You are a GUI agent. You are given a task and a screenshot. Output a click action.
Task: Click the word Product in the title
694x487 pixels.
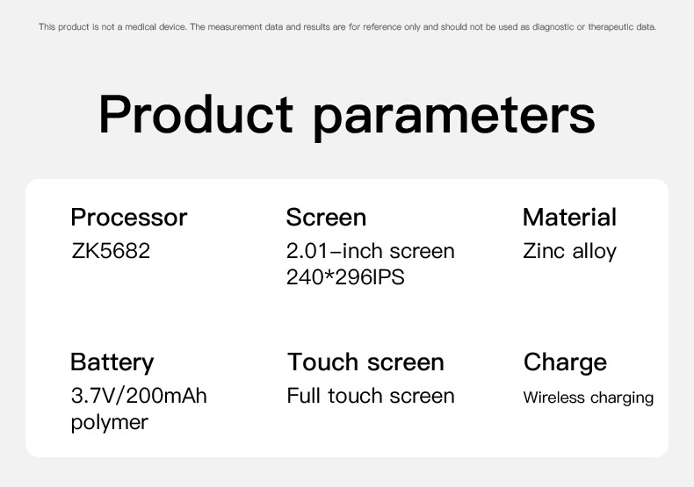196,114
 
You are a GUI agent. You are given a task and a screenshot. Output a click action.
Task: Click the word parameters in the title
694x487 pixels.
454,118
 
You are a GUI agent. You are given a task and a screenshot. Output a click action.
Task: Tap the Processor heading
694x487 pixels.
129,218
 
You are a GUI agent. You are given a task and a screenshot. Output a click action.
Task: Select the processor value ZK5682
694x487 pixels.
111,251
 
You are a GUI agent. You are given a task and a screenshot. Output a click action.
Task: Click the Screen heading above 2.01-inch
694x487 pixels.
326,218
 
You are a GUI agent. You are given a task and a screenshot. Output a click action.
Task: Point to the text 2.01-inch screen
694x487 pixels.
371,251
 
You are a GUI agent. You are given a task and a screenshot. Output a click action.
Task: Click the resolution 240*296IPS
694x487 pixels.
345,277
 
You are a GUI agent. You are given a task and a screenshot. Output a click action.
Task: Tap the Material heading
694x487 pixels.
569,218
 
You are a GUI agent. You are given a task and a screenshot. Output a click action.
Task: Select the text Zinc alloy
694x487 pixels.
569,252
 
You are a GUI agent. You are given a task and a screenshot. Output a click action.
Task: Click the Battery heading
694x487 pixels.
112,362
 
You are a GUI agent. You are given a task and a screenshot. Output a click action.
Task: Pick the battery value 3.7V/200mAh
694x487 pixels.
139,396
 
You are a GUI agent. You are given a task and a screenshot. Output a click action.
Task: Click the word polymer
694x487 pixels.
109,423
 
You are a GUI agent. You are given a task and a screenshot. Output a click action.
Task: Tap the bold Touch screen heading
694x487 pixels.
365,362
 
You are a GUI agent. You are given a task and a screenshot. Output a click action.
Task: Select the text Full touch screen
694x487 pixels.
371,396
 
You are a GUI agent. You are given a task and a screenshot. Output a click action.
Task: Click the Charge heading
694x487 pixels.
565,362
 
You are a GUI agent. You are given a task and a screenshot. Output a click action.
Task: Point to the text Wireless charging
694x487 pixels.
589,397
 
